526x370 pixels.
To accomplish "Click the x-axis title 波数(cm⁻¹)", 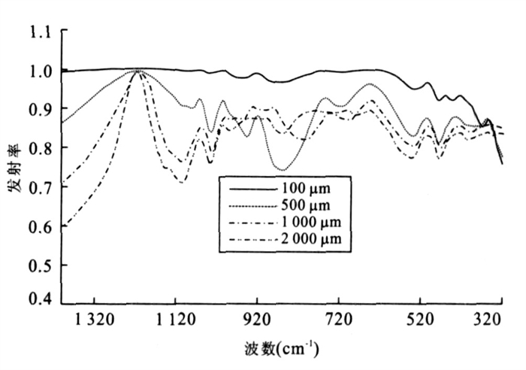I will pyautogui.click(x=281, y=349).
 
